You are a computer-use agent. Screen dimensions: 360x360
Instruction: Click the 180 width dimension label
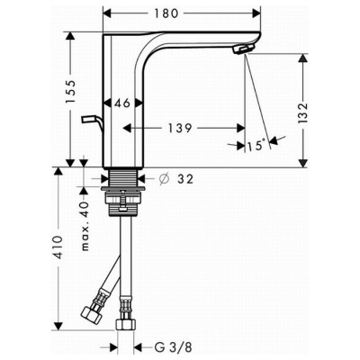166,13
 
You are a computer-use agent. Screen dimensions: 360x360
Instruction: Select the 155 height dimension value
71,92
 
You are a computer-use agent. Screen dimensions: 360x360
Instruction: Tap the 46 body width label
122,103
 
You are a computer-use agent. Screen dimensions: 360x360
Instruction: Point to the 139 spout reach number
179,128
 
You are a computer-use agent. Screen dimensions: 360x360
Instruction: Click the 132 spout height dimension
303,112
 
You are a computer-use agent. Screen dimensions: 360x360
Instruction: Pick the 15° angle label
256,146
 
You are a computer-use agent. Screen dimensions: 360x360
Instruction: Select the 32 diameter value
185,179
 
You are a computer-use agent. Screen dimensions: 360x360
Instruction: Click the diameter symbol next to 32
164,179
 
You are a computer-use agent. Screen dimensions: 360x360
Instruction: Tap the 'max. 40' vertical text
85,226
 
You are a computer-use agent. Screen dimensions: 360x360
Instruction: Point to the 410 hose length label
58,247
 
